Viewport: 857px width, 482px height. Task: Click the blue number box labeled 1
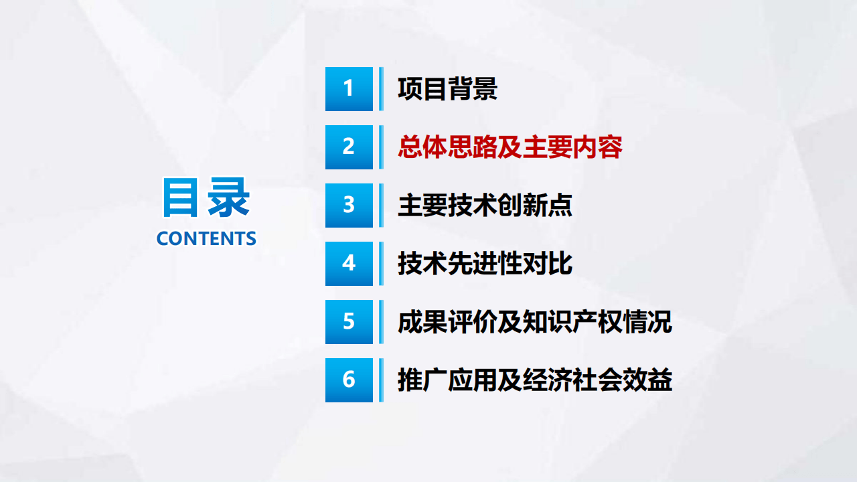pyautogui.click(x=349, y=89)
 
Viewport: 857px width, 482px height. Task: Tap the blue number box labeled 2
pyautogui.click(x=349, y=147)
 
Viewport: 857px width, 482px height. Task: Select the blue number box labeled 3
pyautogui.click(x=349, y=206)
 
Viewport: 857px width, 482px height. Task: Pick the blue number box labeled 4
pyautogui.click(x=349, y=264)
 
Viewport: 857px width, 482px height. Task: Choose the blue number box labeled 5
pyautogui.click(x=349, y=322)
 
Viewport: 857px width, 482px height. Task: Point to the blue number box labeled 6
pyautogui.click(x=349, y=380)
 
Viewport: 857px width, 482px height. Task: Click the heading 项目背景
pyautogui.click(x=447, y=89)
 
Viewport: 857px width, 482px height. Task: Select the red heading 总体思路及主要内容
pyautogui.click(x=510, y=147)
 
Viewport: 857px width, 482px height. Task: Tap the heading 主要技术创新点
pyautogui.click(x=485, y=206)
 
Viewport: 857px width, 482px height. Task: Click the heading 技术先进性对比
pyautogui.click(x=485, y=264)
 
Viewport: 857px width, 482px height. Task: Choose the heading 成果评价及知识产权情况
pyautogui.click(x=534, y=322)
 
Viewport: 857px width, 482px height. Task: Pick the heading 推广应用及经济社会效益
pyautogui.click(x=534, y=380)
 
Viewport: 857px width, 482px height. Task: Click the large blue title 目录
pyautogui.click(x=206, y=198)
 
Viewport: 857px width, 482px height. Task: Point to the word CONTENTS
pyautogui.click(x=206, y=238)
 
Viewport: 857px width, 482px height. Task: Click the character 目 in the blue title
pyautogui.click(x=181, y=198)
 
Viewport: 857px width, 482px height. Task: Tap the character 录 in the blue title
pyautogui.click(x=229, y=198)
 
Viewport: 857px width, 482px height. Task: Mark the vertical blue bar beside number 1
pyautogui.click(x=381, y=89)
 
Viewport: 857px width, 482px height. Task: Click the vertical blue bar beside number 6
pyautogui.click(x=381, y=380)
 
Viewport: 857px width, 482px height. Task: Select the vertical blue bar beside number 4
pyautogui.click(x=381, y=264)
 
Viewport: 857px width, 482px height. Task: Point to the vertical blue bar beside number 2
pyautogui.click(x=381, y=147)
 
